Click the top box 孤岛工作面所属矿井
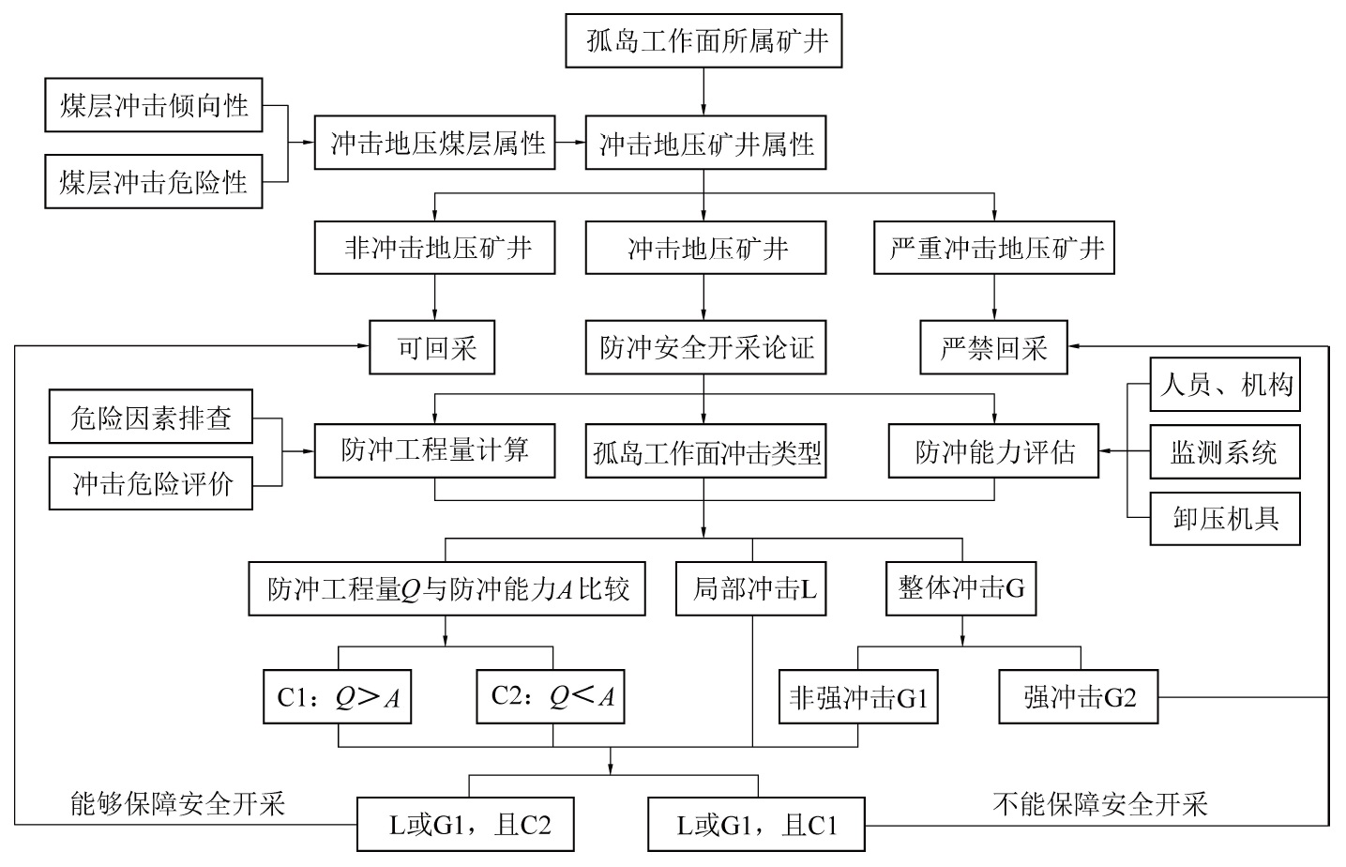[x=703, y=41]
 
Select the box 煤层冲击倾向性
[x=154, y=105]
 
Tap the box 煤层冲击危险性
[x=154, y=181]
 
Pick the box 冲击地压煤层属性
[x=435, y=143]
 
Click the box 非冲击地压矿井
[x=435, y=248]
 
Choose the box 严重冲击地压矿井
[x=994, y=248]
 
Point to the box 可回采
[x=432, y=348]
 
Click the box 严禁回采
[x=994, y=348]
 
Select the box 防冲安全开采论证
[x=705, y=348]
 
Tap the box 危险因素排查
[x=150, y=418]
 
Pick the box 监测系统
[x=1225, y=452]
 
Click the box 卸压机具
[x=1225, y=518]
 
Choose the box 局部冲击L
[x=752, y=588]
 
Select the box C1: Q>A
[x=338, y=697]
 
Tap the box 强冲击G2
[x=1079, y=697]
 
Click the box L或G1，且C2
[x=465, y=825]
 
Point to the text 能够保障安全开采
[x=177, y=803]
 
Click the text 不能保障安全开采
[x=1100, y=803]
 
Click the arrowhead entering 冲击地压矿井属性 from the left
[x=579, y=143]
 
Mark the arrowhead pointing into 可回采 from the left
[x=364, y=346]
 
